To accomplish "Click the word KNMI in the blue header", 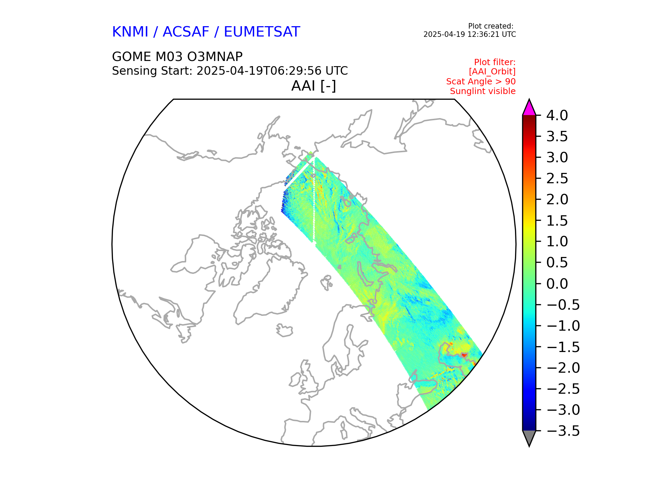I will [130, 32].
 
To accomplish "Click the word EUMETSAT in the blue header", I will [262, 32].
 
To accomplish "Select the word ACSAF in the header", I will [186, 32].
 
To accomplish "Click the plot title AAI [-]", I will [314, 86].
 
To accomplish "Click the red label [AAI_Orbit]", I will [492, 72].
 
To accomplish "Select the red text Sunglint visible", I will [483, 91].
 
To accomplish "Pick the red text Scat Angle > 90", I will [481, 82].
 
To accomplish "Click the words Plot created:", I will [491, 26].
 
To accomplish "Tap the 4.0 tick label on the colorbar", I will [557, 116].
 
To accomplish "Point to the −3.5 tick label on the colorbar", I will [563, 431].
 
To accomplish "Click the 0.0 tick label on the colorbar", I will [557, 284].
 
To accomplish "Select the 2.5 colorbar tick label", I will [557, 179].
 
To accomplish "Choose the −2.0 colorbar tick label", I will [563, 368].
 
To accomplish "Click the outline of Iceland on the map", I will [284, 330].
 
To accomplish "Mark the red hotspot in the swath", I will [464, 355].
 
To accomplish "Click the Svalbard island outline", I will [326, 282].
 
